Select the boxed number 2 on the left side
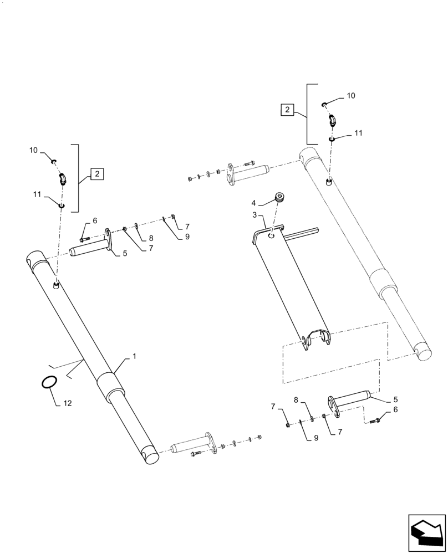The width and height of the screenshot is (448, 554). pyautogui.click(x=96, y=174)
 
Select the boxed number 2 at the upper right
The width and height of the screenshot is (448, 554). pyautogui.click(x=287, y=110)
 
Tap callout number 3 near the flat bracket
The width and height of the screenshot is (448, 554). pyautogui.click(x=254, y=215)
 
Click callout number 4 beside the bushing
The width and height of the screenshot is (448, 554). pyautogui.click(x=254, y=204)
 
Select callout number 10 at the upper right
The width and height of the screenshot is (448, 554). pyautogui.click(x=350, y=96)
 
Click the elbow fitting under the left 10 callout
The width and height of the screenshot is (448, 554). pyautogui.click(x=62, y=178)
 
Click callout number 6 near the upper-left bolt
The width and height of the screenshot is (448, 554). pyautogui.click(x=94, y=220)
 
